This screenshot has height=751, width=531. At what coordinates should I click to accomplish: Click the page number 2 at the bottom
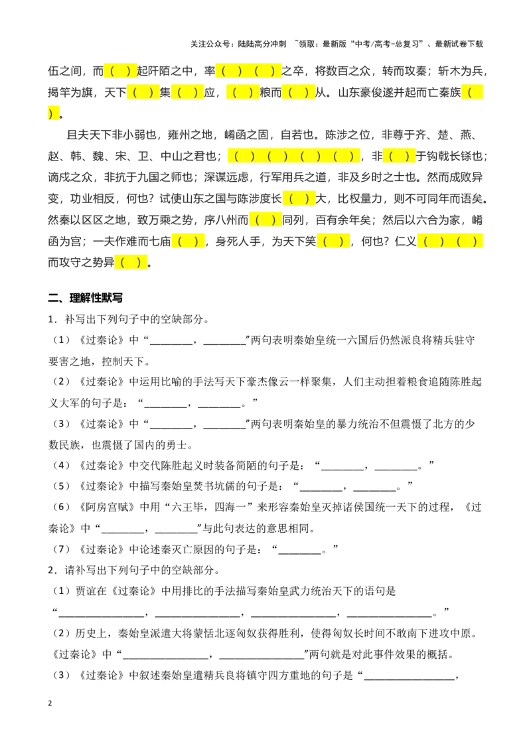[50, 703]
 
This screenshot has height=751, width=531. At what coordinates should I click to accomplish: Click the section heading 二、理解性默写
[86, 298]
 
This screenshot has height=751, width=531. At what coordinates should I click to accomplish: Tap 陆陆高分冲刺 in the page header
[262, 44]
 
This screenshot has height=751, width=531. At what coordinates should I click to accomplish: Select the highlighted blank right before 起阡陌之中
[120, 72]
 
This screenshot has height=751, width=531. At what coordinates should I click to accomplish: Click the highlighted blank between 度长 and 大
[299, 198]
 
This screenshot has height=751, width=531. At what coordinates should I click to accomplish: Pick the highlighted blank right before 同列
[265, 220]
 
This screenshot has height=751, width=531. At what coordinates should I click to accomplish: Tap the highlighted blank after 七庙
[188, 241]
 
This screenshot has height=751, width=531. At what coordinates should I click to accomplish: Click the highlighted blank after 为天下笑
[333, 241]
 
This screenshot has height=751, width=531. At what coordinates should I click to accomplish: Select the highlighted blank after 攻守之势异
[131, 262]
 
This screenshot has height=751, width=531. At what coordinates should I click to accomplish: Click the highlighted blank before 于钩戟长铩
[399, 156]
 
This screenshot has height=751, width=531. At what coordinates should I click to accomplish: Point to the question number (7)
[61, 549]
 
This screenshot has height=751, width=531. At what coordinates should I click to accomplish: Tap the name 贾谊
[86, 592]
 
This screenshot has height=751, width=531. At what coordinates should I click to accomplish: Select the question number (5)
[61, 486]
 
